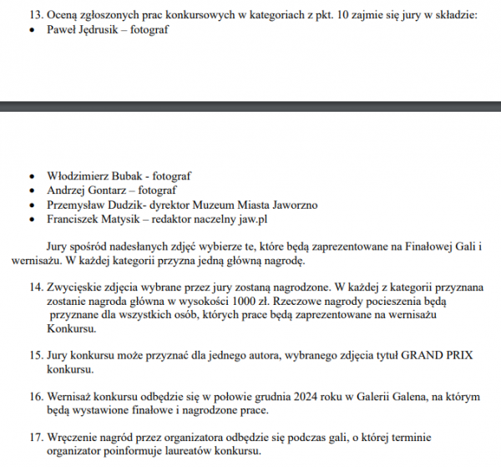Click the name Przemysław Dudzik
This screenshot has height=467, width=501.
click(x=91, y=206)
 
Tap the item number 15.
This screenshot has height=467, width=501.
click(x=37, y=355)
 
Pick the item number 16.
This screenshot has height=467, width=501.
click(x=37, y=396)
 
